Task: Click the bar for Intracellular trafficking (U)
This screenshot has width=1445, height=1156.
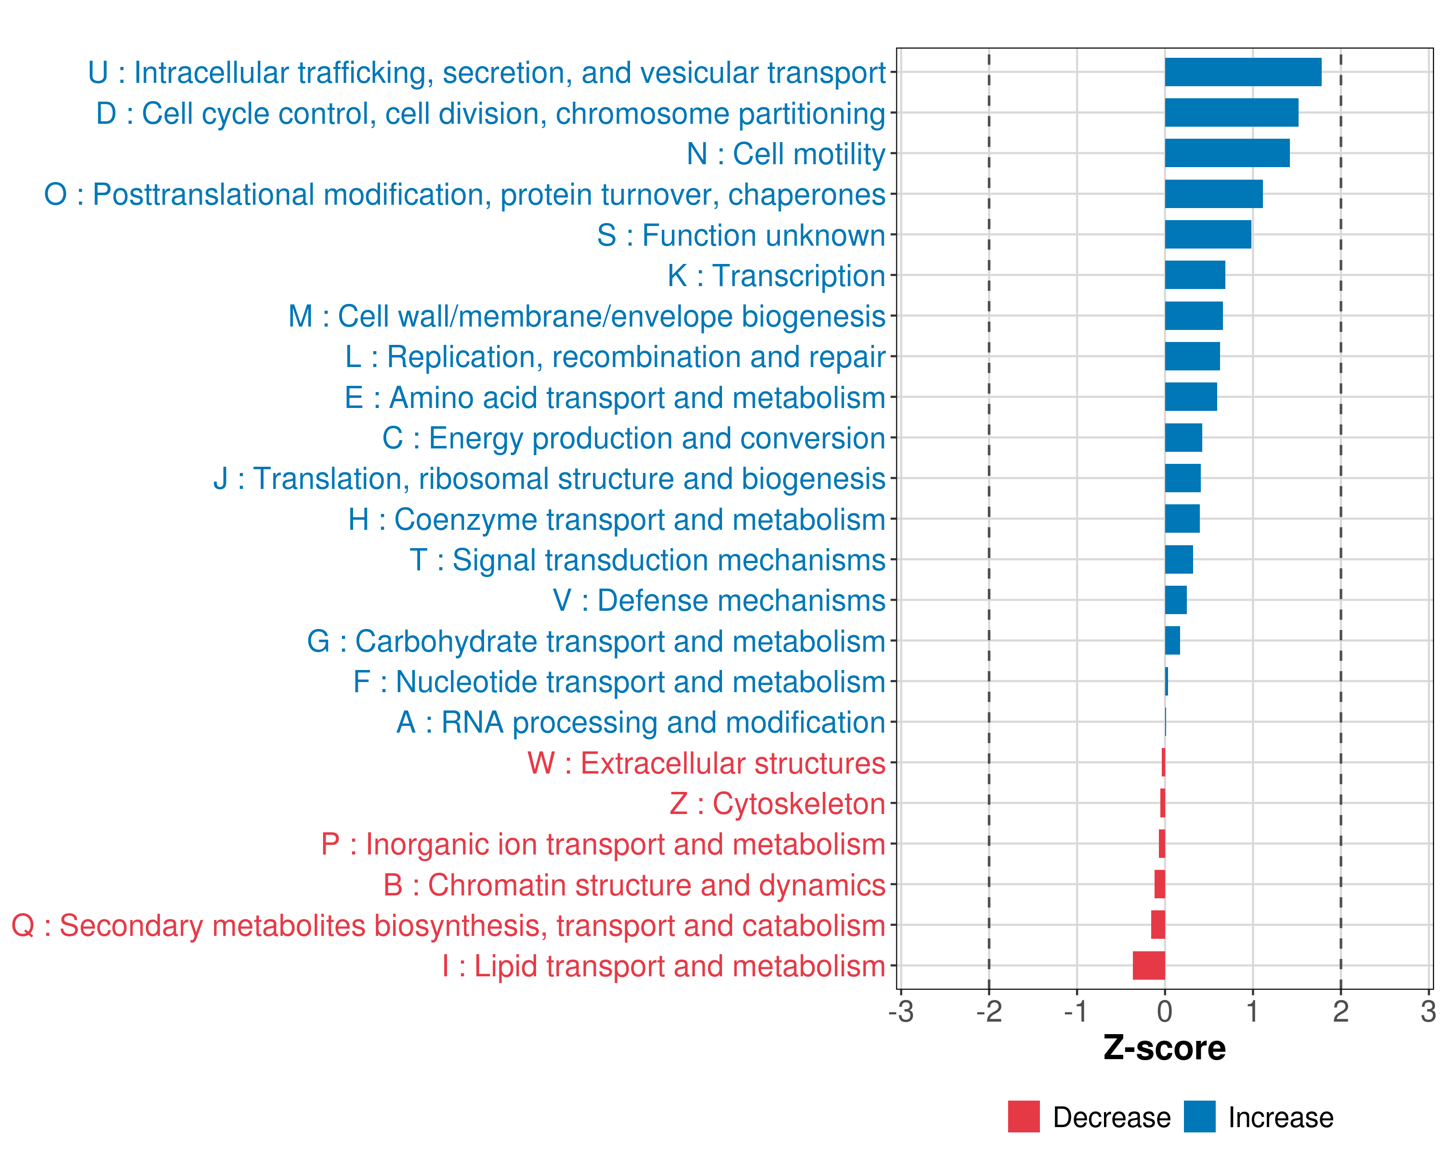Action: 1243,72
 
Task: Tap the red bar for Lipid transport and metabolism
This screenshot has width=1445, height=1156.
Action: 1149,966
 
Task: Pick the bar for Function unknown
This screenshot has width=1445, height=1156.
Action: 1208,235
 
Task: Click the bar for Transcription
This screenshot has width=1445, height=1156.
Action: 1195,276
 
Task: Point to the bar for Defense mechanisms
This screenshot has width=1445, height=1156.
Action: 1176,600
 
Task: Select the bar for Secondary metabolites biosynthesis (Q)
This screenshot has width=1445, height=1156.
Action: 1158,925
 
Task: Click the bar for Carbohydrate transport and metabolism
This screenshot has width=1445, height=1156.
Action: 1172,641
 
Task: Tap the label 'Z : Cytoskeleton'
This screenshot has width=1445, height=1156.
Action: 777,803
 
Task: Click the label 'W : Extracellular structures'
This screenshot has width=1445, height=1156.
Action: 707,763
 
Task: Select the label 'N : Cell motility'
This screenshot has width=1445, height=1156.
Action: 786,154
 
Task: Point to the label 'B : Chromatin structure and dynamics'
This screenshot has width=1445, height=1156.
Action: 634,885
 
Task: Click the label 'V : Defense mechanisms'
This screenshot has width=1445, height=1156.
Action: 719,601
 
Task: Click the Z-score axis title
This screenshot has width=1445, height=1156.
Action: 1164,1048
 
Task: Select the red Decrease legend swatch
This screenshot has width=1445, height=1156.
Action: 1024,1117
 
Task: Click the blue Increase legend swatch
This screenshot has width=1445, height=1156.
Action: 1199,1117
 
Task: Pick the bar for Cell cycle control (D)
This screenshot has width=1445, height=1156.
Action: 1231,113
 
